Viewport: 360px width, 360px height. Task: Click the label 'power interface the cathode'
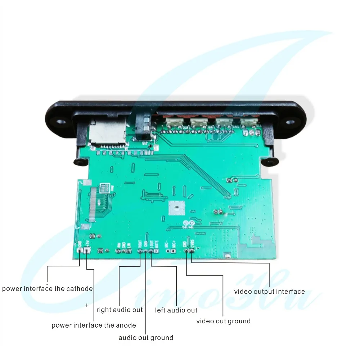[x=47, y=289]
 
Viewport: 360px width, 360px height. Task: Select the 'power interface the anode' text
[x=94, y=325]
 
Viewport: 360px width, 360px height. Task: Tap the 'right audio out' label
[x=120, y=310]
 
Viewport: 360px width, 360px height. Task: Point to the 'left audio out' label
[x=176, y=310]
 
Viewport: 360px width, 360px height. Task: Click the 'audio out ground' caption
[x=146, y=338]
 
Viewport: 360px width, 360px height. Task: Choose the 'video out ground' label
[x=223, y=321]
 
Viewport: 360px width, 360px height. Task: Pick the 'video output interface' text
[x=269, y=292]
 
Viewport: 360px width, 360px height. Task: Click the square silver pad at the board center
[x=176, y=208]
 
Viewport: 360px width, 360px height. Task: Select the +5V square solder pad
[x=87, y=251]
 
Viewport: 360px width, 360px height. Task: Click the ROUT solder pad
[x=140, y=251]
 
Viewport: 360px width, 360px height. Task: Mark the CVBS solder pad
[x=192, y=251]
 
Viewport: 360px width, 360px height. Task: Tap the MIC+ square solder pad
[x=173, y=251]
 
